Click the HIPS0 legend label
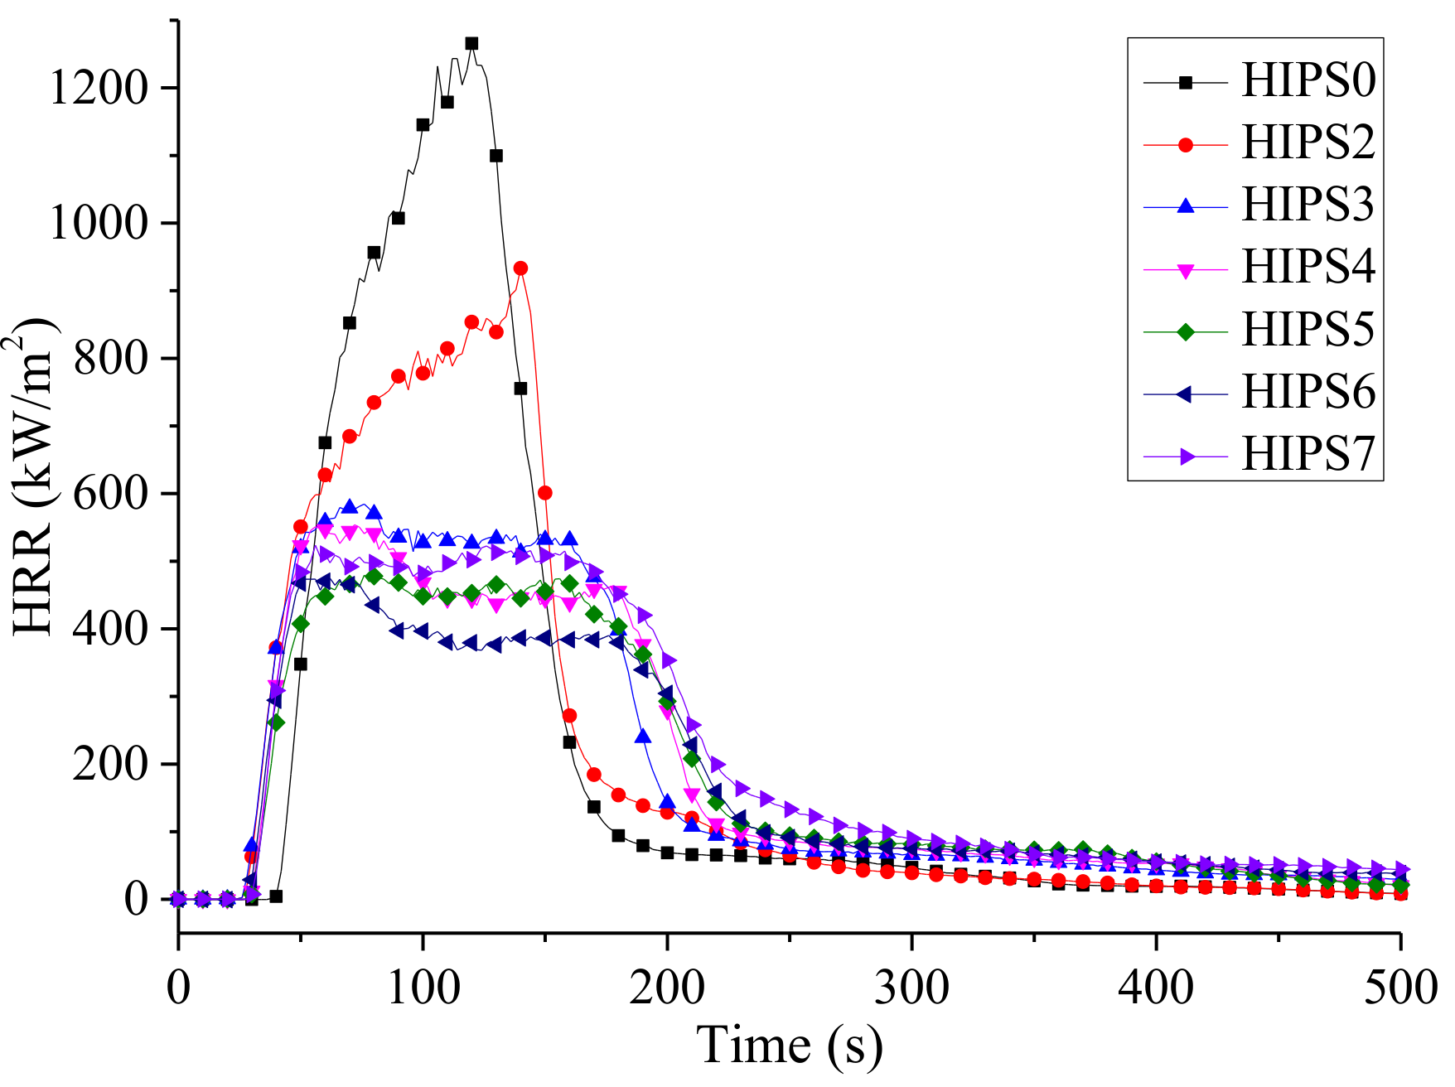pyautogui.click(x=1308, y=80)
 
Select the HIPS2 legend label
pyautogui.click(x=1308, y=143)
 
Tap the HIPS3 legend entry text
pyautogui.click(x=1308, y=205)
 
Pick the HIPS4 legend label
pyautogui.click(x=1308, y=267)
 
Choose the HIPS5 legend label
pyautogui.click(x=1308, y=330)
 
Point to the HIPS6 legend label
pyautogui.click(x=1308, y=392)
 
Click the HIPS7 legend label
pyautogui.click(x=1308, y=454)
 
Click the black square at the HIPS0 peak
pyautogui.click(x=471, y=43)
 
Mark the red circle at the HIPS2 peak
pyautogui.click(x=520, y=268)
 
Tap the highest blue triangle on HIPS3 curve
pyautogui.click(x=349, y=506)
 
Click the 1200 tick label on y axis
pyautogui.click(x=99, y=88)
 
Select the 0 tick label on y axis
pyautogui.click(x=136, y=899)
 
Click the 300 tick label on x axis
pyautogui.click(x=911, y=988)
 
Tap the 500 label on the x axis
pyautogui.click(x=1400, y=988)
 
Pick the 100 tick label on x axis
pyautogui.click(x=423, y=988)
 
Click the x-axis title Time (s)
pyautogui.click(x=789, y=1046)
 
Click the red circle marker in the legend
pyautogui.click(x=1185, y=144)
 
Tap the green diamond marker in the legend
pyautogui.click(x=1185, y=331)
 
